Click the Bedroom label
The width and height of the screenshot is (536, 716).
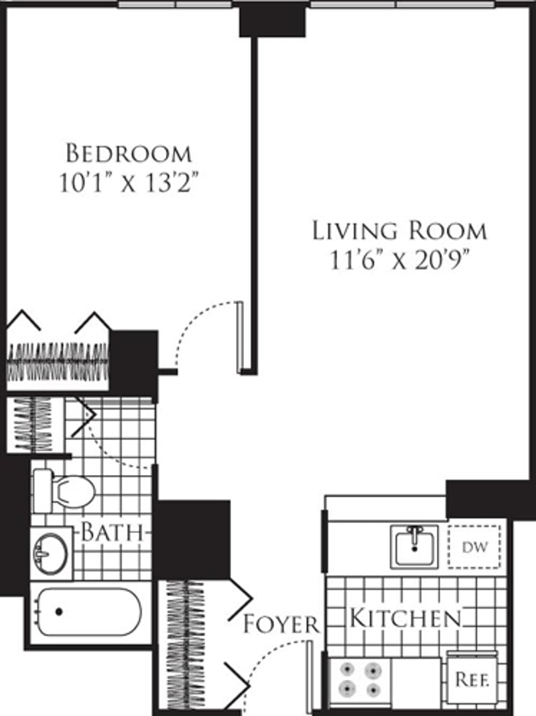pyautogui.click(x=129, y=153)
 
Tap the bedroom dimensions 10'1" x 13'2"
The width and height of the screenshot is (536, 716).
pyautogui.click(x=129, y=184)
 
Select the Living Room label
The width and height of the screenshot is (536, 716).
pyautogui.click(x=399, y=231)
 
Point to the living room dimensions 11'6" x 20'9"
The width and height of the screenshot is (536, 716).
pyautogui.click(x=399, y=260)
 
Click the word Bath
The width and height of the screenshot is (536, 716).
pyautogui.click(x=113, y=533)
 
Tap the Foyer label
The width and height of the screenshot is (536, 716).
pyautogui.click(x=281, y=625)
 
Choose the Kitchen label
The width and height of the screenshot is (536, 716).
pyautogui.click(x=407, y=618)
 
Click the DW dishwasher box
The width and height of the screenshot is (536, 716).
pyautogui.click(x=474, y=547)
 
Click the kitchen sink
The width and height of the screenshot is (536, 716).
pyautogui.click(x=415, y=547)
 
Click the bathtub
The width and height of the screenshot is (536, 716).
pyautogui.click(x=87, y=611)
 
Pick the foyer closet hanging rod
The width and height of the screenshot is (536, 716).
pyautogui.click(x=184, y=643)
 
